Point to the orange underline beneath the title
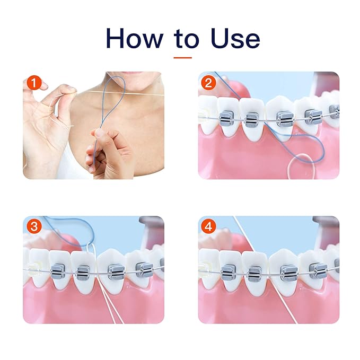pyautogui.click(x=182, y=56)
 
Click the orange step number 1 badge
pyautogui.click(x=34, y=83)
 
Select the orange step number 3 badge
pyautogui.click(x=34, y=227)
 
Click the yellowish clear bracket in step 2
pyautogui.click(x=203, y=113)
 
